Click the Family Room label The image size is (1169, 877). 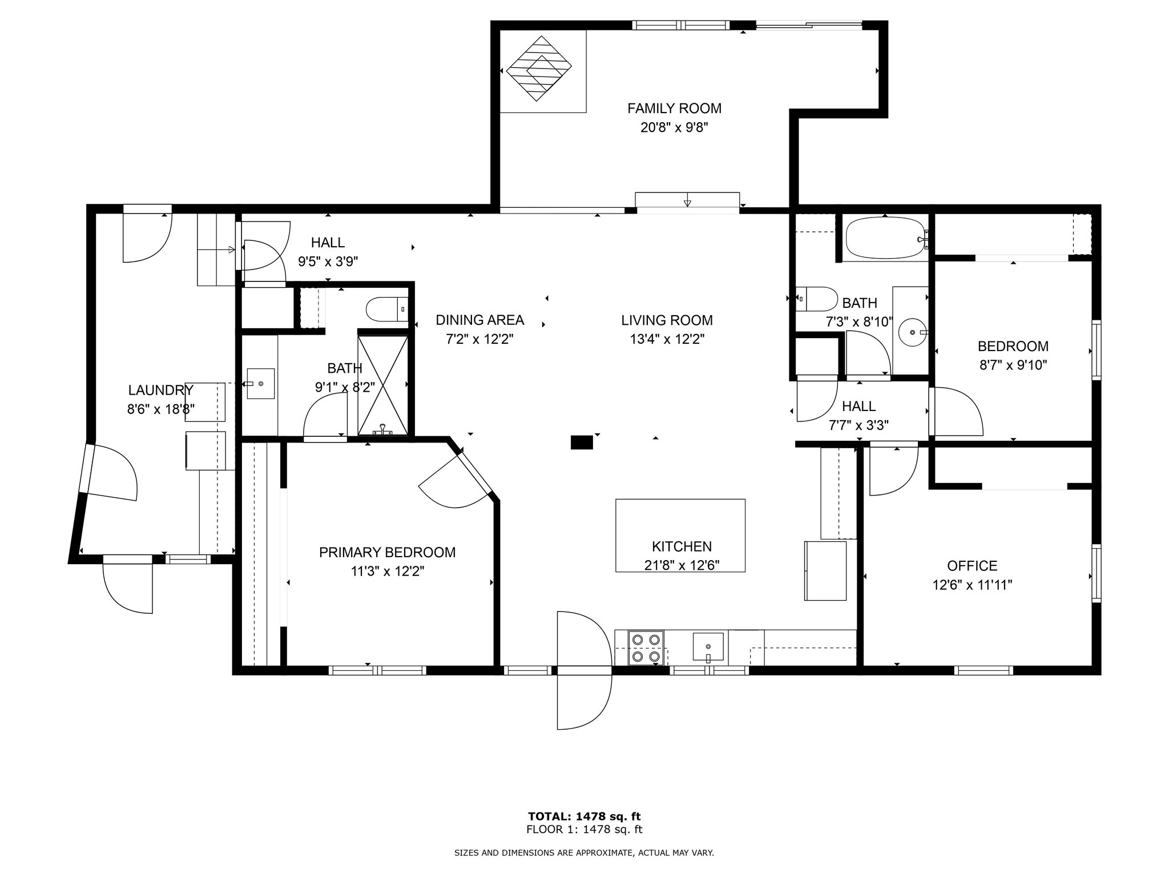(x=674, y=108)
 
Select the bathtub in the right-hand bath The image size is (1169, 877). (x=885, y=239)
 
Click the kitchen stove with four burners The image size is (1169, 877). (x=646, y=647)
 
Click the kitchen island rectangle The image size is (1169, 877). (x=680, y=535)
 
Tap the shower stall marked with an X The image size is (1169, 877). (x=382, y=385)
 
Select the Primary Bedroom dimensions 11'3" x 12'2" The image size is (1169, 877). (x=388, y=572)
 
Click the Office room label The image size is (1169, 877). (x=972, y=566)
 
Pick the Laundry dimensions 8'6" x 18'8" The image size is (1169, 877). (x=161, y=409)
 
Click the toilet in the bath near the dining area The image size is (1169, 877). (x=387, y=309)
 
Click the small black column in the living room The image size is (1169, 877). (x=582, y=442)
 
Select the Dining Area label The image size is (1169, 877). (x=479, y=320)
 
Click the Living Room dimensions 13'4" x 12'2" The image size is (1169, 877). (x=667, y=339)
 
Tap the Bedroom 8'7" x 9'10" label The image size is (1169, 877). (x=1013, y=355)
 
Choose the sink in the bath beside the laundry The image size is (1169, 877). (x=260, y=384)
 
